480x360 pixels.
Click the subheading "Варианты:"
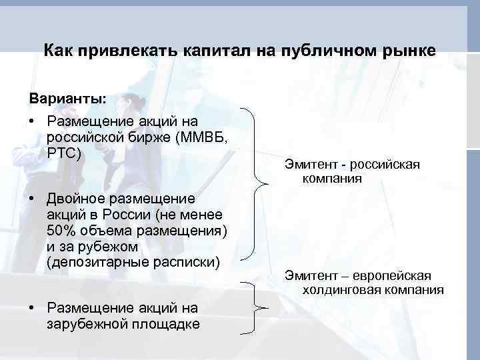[x=67, y=99]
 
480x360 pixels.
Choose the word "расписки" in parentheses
[x=185, y=261]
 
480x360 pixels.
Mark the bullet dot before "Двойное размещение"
[x=32, y=198]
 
